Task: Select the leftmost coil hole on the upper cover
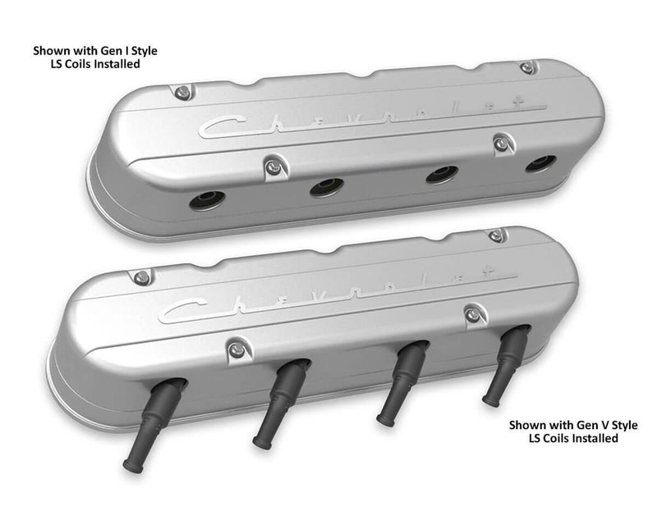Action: [x=207, y=200]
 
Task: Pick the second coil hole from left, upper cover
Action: [x=327, y=187]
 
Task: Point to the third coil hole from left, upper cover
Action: [x=443, y=174]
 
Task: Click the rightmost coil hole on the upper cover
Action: [x=540, y=163]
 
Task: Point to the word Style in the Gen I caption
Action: [x=139, y=51]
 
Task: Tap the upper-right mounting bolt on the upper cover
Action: [x=526, y=67]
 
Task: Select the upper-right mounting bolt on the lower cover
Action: [x=495, y=235]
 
